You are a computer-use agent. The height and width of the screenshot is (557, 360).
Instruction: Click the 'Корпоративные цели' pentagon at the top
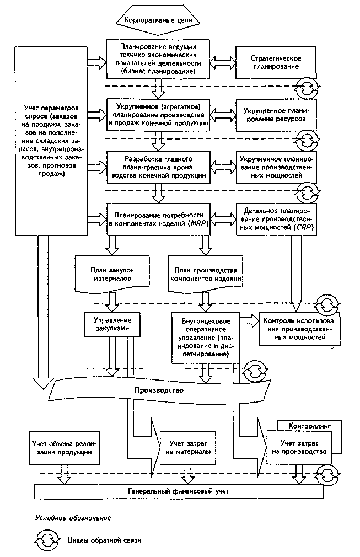coord(158,20)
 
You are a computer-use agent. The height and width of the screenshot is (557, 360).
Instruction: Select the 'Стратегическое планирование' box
coord(276,63)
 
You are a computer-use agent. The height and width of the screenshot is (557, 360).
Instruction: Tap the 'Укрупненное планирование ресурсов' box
coord(276,115)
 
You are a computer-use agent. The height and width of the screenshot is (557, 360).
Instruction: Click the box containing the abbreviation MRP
coord(158,219)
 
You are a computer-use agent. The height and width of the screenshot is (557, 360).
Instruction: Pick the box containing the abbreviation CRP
coord(276,219)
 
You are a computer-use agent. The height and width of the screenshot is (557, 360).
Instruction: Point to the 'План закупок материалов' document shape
coord(112,274)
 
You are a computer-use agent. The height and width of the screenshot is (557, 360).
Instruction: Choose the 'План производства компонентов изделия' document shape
coord(206,274)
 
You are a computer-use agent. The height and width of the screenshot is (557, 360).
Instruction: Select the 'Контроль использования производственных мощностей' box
coord(299,329)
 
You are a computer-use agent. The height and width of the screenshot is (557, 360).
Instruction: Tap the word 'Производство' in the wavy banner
coord(159,390)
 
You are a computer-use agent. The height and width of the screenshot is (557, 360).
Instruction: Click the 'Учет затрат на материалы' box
coord(188,448)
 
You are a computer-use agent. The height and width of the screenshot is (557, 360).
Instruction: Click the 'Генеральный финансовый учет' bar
coord(179,491)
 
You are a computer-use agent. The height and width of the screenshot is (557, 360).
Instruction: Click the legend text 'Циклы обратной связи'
coord(104,540)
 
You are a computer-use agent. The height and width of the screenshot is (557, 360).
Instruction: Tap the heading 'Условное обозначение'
coord(73,518)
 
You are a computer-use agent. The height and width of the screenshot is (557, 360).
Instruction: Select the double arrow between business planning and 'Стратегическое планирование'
coord(223,63)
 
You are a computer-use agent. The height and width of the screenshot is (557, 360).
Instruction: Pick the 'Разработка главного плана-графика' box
coord(158,167)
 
